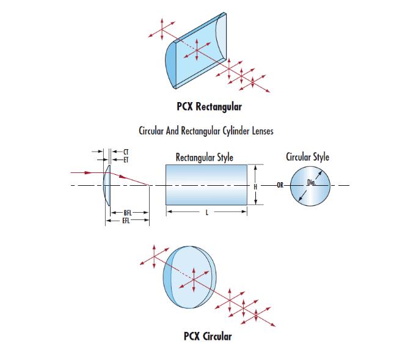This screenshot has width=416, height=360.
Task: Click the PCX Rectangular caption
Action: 209,107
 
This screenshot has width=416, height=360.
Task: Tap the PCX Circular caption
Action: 208,336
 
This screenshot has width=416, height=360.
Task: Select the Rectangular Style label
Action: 204,157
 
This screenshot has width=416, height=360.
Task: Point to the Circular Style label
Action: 307,157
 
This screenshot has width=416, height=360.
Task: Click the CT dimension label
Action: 126,151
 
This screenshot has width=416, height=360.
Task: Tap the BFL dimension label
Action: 128,213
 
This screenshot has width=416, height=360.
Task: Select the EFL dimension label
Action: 126,219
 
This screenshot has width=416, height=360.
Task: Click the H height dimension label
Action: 256,185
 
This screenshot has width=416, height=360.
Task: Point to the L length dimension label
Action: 206,213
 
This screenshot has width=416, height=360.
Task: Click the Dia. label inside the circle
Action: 312,182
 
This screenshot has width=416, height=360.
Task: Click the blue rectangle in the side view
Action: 206,185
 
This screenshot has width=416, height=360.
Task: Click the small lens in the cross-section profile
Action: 108,185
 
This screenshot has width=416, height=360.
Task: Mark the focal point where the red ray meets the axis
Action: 150,185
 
